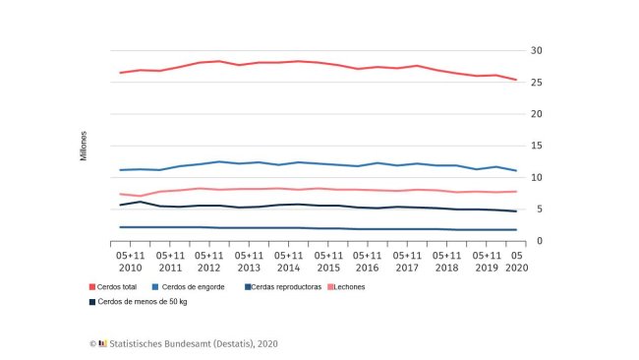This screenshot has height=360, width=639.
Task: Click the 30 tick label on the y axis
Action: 537,50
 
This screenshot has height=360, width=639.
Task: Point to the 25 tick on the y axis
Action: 537,82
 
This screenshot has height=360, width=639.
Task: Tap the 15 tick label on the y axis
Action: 537,146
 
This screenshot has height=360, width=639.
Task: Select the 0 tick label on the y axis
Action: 534,241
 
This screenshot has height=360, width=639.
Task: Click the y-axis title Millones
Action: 84,146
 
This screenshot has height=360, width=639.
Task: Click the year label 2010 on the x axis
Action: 131,268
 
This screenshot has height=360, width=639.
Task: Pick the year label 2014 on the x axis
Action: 289,268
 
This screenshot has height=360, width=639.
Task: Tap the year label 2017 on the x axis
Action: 407,268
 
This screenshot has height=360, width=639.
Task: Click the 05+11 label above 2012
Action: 209,254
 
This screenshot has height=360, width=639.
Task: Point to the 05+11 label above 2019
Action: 487,254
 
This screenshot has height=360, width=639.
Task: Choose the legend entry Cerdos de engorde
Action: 194,286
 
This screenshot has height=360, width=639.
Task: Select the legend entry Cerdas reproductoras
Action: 285,286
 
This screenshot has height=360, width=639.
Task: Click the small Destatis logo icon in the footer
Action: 102,343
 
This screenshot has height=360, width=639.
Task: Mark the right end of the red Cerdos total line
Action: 517,80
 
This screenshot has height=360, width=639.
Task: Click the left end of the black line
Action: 120,206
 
